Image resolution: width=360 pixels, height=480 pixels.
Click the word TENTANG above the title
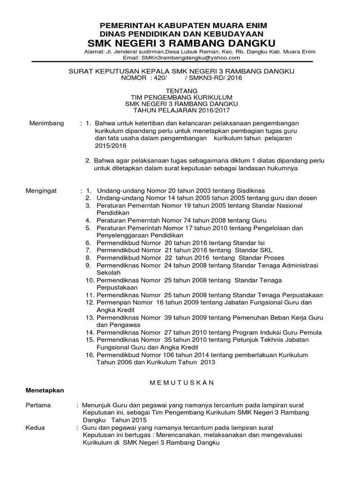[180, 90]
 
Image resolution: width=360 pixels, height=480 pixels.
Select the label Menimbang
[45, 123]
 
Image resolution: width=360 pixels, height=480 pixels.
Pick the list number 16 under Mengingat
[89, 354]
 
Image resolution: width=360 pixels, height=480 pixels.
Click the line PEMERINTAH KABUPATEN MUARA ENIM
[180, 25]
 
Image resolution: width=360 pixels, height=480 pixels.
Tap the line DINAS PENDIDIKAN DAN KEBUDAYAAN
[180, 34]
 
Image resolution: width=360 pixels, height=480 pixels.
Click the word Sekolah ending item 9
[108, 272]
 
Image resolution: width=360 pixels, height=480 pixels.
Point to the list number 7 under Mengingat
[88, 250]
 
